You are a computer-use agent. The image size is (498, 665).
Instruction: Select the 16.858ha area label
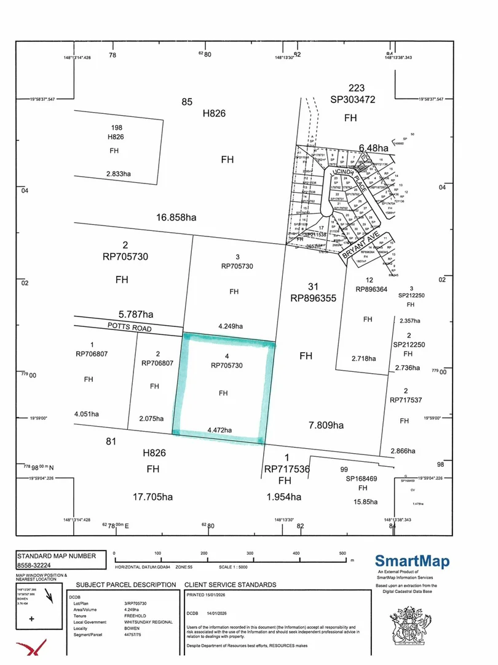pyautogui.click(x=176, y=217)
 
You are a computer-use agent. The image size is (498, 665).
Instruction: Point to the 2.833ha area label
pyautogui.click(x=119, y=174)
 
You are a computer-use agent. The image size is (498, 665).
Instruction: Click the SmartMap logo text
pyautogui.click(x=412, y=561)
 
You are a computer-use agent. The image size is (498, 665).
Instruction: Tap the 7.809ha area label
pyautogui.click(x=326, y=424)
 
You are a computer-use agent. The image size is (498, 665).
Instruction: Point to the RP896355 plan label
pyautogui.click(x=314, y=298)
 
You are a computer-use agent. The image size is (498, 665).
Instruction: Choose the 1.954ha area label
pyautogui.click(x=284, y=497)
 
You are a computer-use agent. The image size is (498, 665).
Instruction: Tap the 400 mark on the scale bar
pyautogui.click(x=296, y=552)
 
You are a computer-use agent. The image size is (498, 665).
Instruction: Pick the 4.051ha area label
pyautogui.click(x=87, y=414)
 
